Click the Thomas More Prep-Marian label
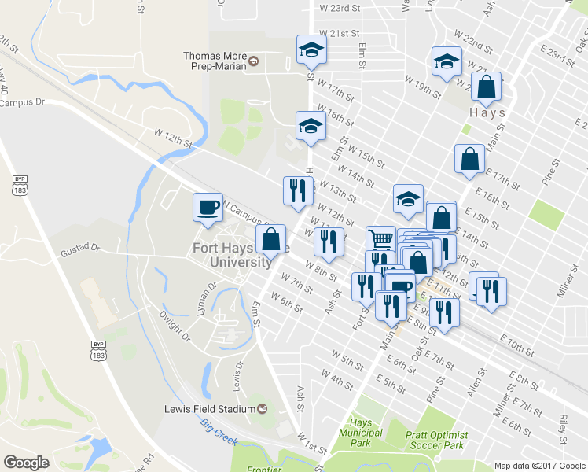pos(215,61)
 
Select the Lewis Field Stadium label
pos(210,408)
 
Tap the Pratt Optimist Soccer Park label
pos(437,441)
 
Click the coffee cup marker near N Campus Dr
pos(208,208)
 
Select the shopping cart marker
pos(380,238)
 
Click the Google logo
pos(26,463)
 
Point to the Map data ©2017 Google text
pos(539,466)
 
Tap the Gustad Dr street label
pos(80,249)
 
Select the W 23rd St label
pos(340,7)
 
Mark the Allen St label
pos(474,385)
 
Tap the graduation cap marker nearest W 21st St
pos(311,50)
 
